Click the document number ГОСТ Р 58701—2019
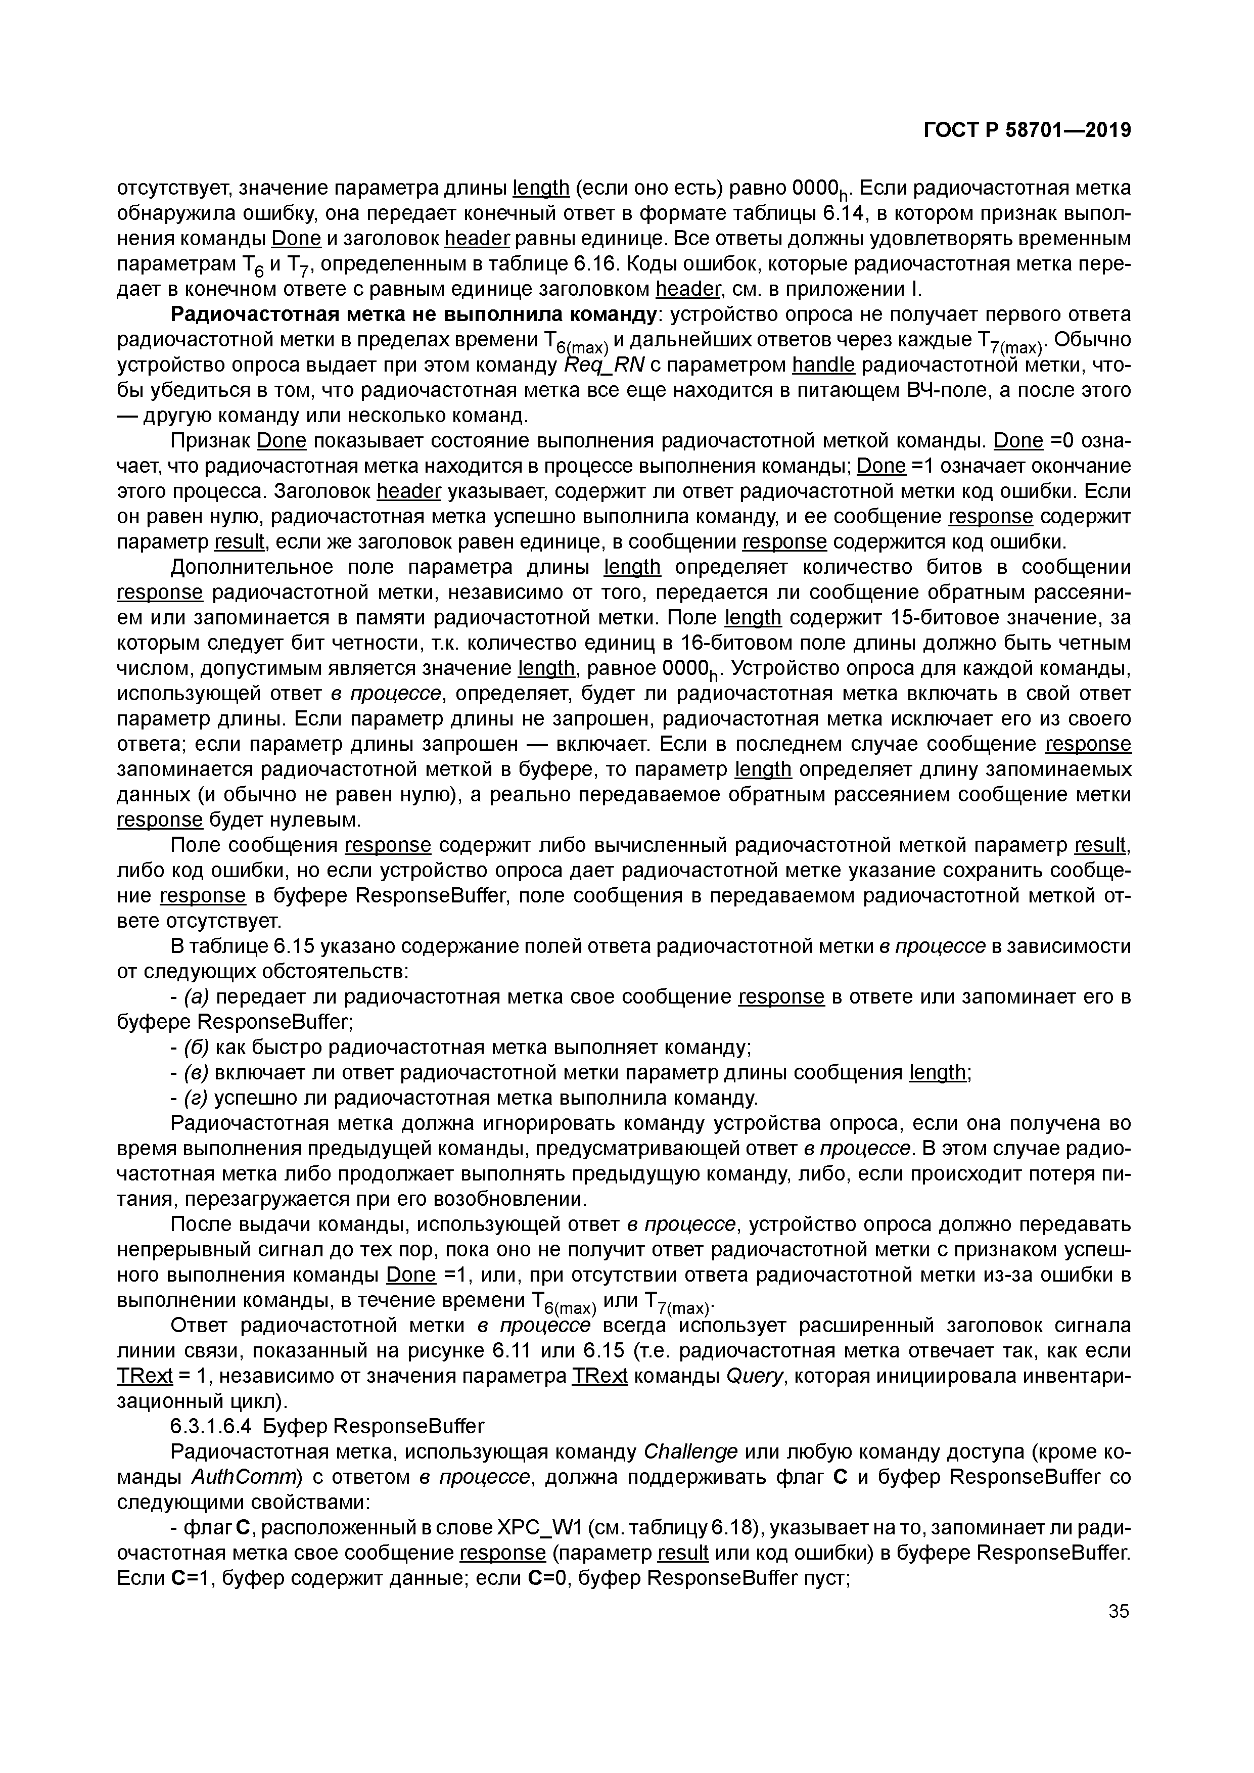pyautogui.click(x=1027, y=130)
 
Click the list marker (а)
pyautogui.click(x=197, y=997)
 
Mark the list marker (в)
pyautogui.click(x=197, y=1073)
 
